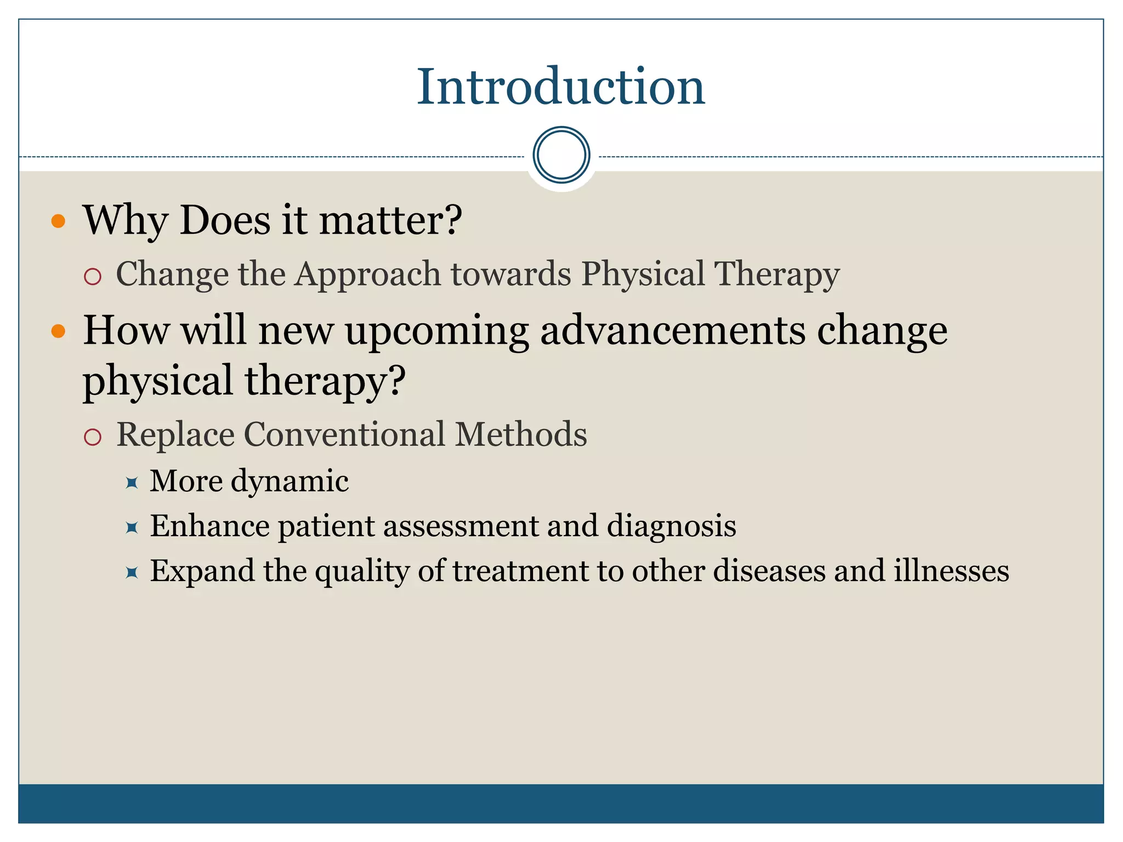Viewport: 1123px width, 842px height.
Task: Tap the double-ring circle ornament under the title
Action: pos(561,155)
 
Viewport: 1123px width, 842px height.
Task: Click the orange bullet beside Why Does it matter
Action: pos(58,221)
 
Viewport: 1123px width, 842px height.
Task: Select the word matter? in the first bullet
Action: pos(391,220)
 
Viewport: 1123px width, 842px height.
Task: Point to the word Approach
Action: pos(367,274)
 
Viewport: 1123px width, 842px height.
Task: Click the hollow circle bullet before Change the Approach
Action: pos(93,276)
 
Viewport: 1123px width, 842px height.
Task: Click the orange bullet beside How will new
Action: pos(58,331)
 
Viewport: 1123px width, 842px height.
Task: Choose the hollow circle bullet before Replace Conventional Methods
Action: pos(93,437)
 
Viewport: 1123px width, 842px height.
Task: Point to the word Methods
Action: pos(521,435)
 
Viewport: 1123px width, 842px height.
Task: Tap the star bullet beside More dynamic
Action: pos(132,483)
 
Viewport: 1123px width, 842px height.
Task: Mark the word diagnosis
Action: pos(671,526)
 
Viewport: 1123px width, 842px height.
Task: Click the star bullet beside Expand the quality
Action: pos(132,573)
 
